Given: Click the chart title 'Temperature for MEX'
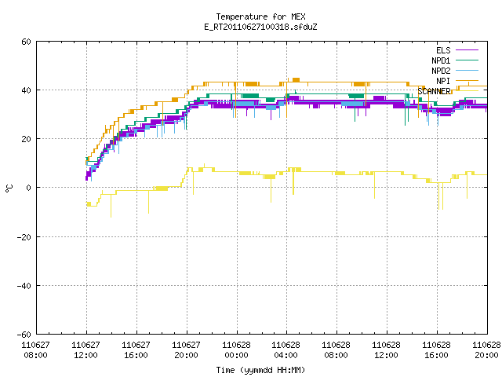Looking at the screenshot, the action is [260, 16].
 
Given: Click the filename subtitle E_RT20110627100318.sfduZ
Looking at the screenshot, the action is [260, 27].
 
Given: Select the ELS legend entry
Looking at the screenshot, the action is [457, 50].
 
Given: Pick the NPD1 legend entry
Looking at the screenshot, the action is [455, 60].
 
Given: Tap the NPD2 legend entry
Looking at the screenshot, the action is [455, 71].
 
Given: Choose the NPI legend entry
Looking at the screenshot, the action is [457, 81].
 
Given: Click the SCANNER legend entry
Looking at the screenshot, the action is [448, 91].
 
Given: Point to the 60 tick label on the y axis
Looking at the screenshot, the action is [26, 42].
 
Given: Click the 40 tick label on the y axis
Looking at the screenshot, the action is [26, 90].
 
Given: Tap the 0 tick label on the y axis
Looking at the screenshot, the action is [29, 188].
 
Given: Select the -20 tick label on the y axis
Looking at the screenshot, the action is [24, 237].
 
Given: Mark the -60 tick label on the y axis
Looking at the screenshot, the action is [24, 335].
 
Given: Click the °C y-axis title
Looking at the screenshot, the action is [9, 188].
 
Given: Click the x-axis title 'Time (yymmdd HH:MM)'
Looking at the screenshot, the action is [260, 370].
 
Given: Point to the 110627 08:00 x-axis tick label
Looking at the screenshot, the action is [36, 350].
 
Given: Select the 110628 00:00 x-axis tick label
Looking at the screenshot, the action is [237, 350].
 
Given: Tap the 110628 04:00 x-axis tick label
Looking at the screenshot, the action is [286, 350].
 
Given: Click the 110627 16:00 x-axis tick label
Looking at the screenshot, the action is [136, 350].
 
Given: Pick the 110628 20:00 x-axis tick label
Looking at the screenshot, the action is [486, 350].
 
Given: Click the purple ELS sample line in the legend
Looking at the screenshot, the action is [467, 50].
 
